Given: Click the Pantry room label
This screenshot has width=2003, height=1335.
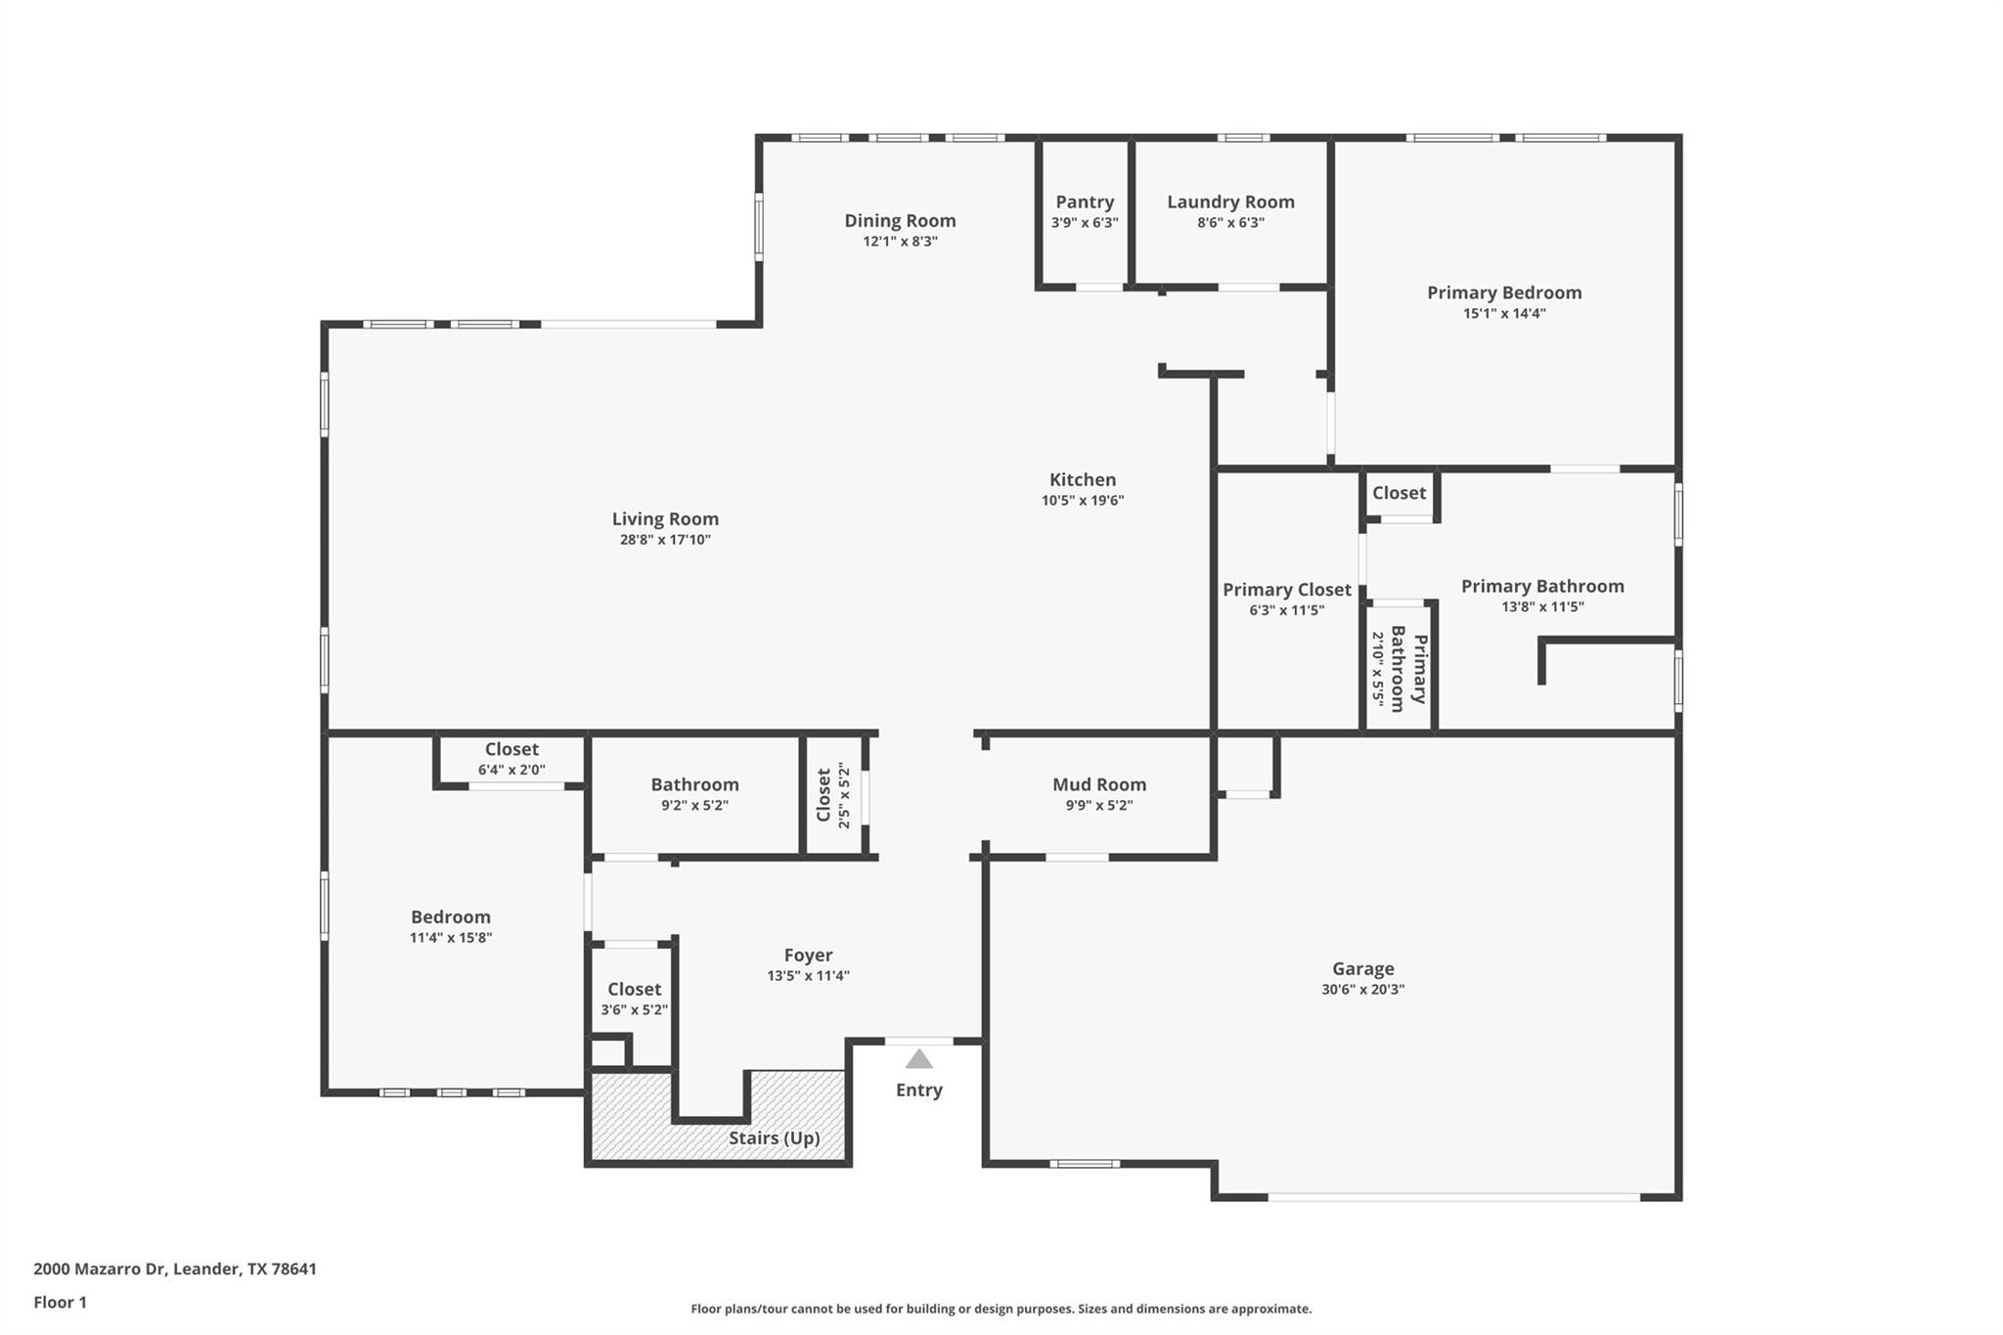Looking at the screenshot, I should click(x=1085, y=201).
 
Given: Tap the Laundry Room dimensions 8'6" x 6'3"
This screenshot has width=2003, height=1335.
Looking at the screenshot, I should click(x=1230, y=223).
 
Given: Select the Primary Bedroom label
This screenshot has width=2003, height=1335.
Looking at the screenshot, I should click(x=1503, y=292).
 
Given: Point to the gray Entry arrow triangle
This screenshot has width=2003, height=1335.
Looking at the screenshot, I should click(x=918, y=1059).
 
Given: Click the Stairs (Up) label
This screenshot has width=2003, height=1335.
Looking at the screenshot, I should click(x=774, y=1137).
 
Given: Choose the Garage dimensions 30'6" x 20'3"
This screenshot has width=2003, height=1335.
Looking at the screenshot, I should click(x=1362, y=990).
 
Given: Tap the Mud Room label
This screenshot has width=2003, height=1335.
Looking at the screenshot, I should click(x=1098, y=784).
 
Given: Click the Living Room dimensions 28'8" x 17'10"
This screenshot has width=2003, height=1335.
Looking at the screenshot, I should click(x=665, y=540).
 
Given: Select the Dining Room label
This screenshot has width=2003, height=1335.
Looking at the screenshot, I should click(x=900, y=220).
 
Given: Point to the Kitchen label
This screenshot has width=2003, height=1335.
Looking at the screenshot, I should click(x=1082, y=479).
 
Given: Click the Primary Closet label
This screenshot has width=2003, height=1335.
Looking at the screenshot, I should click(x=1286, y=590).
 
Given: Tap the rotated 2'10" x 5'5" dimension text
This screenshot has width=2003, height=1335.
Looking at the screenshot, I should click(x=1378, y=669).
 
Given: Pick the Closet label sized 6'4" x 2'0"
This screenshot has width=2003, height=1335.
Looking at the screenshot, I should click(x=512, y=749).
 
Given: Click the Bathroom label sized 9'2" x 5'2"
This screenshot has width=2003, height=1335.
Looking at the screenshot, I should click(x=694, y=784).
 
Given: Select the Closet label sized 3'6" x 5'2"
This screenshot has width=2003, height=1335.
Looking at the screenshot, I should click(x=634, y=989).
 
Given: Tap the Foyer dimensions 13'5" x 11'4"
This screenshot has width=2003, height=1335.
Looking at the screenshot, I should click(x=808, y=976).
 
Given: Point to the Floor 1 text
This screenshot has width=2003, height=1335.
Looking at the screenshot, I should click(x=60, y=1302).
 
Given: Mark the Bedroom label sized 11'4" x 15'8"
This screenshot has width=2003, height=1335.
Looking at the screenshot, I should click(x=450, y=916).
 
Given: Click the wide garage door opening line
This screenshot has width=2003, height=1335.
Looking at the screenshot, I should click(x=1453, y=1196).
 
